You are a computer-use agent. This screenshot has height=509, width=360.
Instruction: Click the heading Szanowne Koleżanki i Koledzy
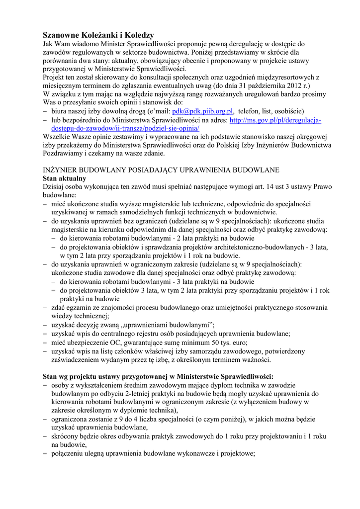pos(98,35)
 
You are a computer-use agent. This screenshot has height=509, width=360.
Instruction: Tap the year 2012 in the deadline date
pos(294,85)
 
